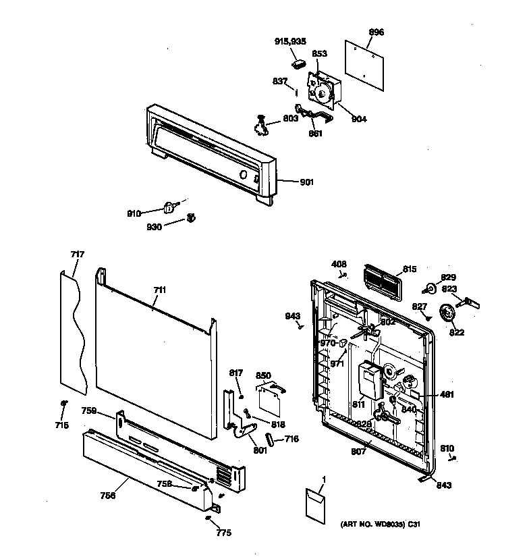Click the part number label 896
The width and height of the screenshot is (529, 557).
pos(377,32)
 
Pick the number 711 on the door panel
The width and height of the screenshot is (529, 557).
pos(159,290)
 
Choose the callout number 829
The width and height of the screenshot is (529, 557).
pos(449,277)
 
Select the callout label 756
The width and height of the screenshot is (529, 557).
pos(108,495)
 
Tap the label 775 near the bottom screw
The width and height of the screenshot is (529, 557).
pos(223,533)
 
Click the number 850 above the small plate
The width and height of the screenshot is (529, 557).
pos(263,375)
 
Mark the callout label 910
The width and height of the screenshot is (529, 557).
pos(134,213)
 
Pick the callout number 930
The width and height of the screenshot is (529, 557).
pos(155,227)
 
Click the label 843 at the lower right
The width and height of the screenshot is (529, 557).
pos(443,485)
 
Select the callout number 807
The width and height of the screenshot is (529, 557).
pos(358,451)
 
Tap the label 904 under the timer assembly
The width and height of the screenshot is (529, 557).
pos(359,120)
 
